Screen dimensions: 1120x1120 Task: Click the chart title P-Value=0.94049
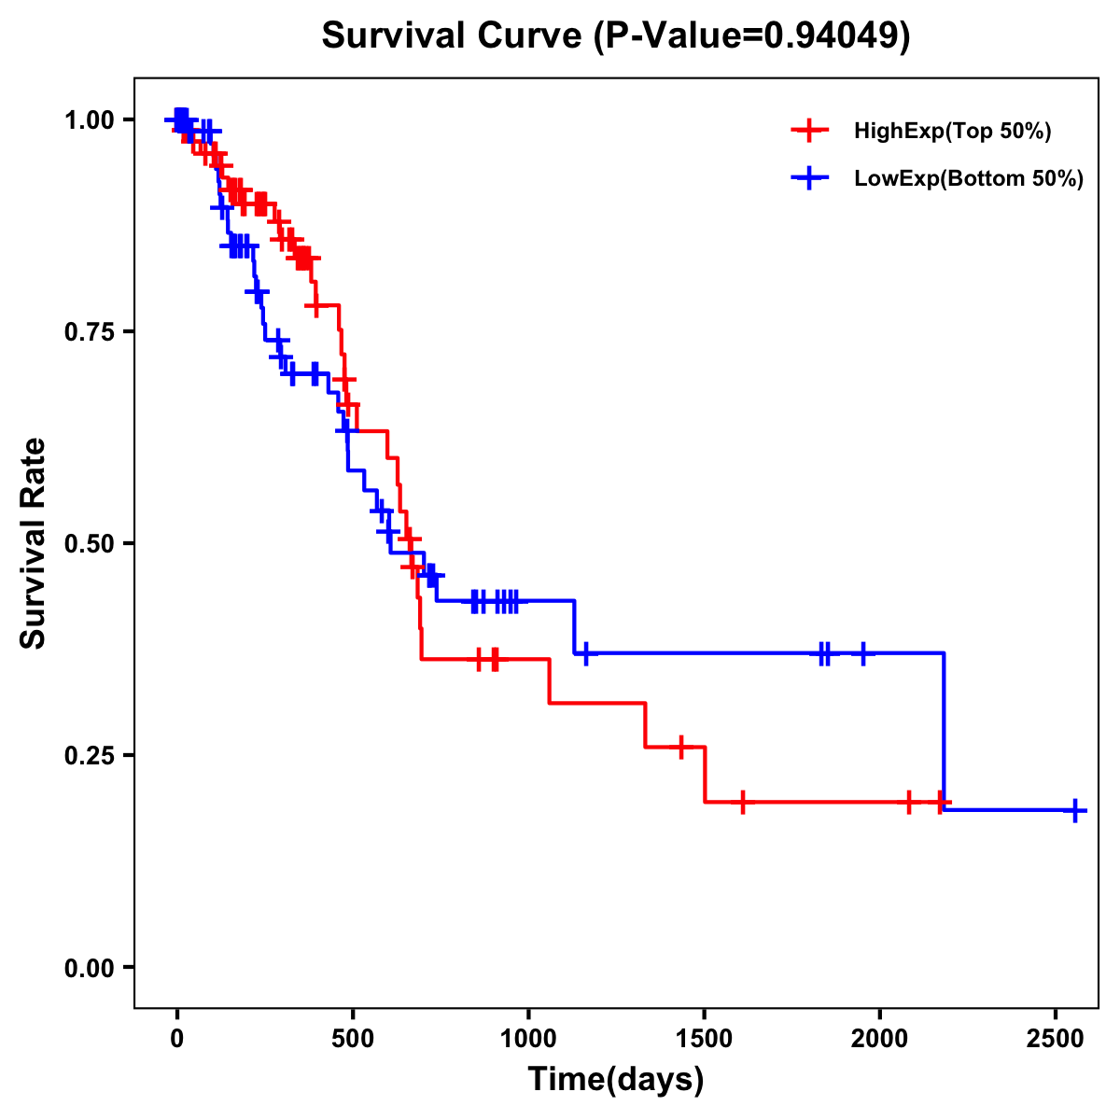(616, 35)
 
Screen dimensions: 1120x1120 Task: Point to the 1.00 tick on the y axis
(89, 119)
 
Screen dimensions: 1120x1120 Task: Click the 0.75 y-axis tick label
(89, 331)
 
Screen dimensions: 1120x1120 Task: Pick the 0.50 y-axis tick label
(89, 543)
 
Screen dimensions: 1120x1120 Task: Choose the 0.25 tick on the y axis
(89, 755)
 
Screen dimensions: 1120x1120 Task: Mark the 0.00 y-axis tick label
(89, 967)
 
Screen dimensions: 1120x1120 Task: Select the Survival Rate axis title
(34, 543)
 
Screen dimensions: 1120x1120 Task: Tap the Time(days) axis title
(616, 1080)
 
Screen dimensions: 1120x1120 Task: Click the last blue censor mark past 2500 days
(1075, 810)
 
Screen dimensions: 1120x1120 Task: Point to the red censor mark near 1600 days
(742, 802)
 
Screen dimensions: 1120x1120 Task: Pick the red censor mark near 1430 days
(680, 747)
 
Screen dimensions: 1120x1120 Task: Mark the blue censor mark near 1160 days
(585, 653)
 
